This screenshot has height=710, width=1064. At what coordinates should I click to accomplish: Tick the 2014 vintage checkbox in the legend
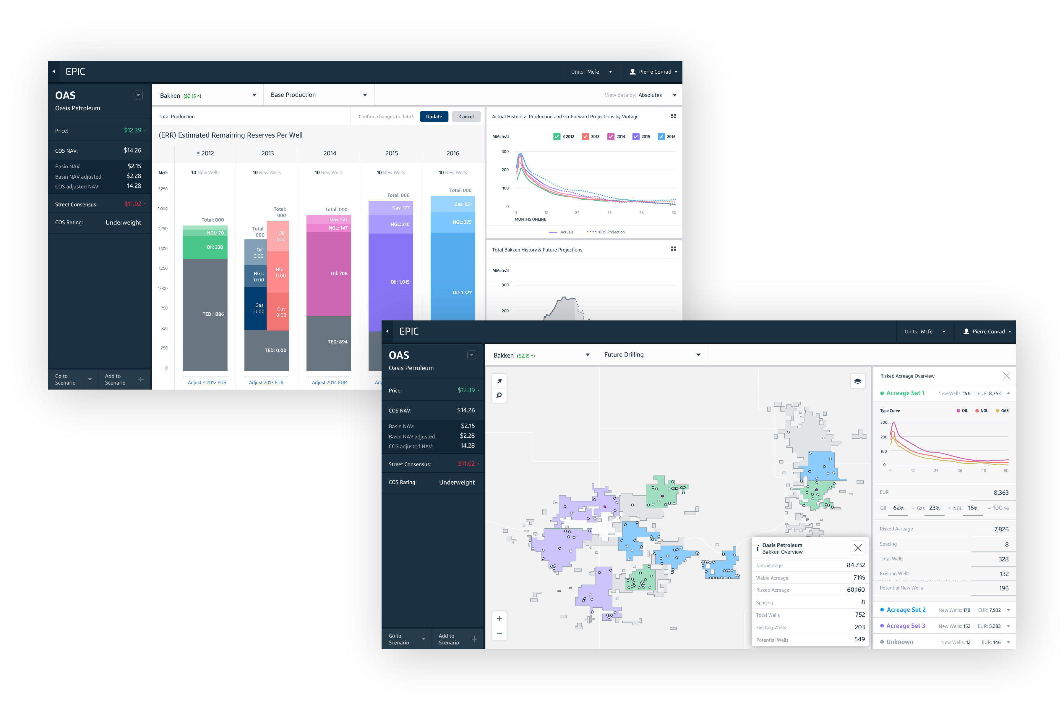611,136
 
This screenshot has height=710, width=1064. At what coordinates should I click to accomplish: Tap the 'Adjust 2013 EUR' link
266,383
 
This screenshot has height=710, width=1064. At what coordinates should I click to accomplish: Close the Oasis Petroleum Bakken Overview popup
857,548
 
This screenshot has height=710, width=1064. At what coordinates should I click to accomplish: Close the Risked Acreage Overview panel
1006,376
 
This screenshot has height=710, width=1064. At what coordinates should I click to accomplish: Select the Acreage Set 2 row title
906,610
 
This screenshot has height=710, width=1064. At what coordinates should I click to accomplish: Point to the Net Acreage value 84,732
855,565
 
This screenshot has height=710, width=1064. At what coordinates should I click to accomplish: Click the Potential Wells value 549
859,639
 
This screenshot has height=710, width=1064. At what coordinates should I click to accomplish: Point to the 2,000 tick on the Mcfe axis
162,209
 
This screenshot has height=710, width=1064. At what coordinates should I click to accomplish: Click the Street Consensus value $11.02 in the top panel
132,204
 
